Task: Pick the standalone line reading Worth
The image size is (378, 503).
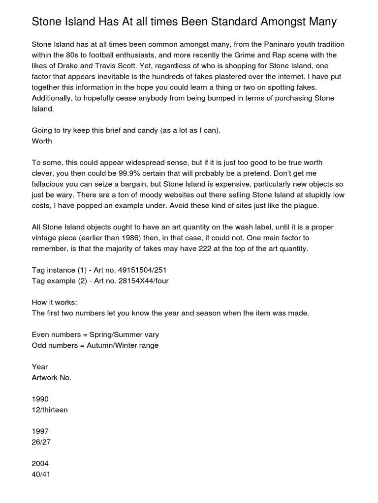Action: point(42,141)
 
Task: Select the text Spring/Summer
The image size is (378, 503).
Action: point(118,335)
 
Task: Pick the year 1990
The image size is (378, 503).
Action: point(40,399)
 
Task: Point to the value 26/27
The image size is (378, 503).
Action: point(41,442)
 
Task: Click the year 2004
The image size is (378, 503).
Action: point(40,464)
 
